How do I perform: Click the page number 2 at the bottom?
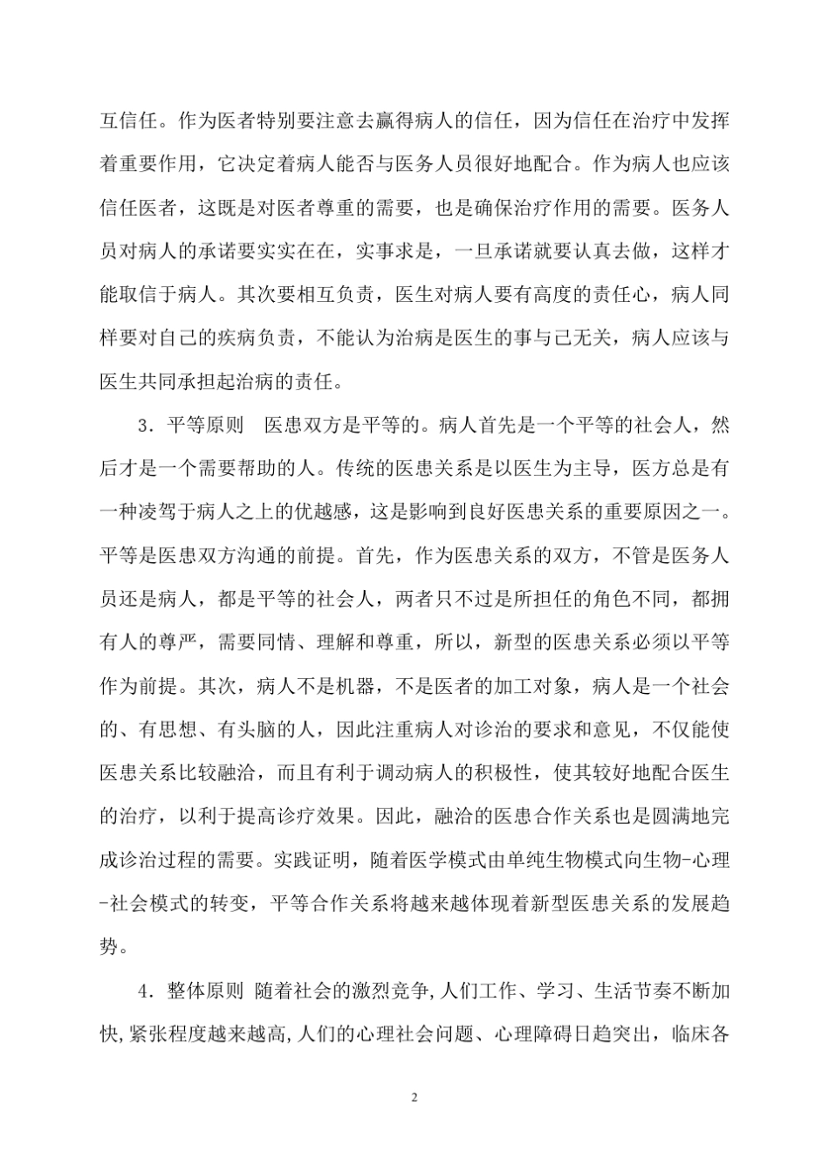414,1097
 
